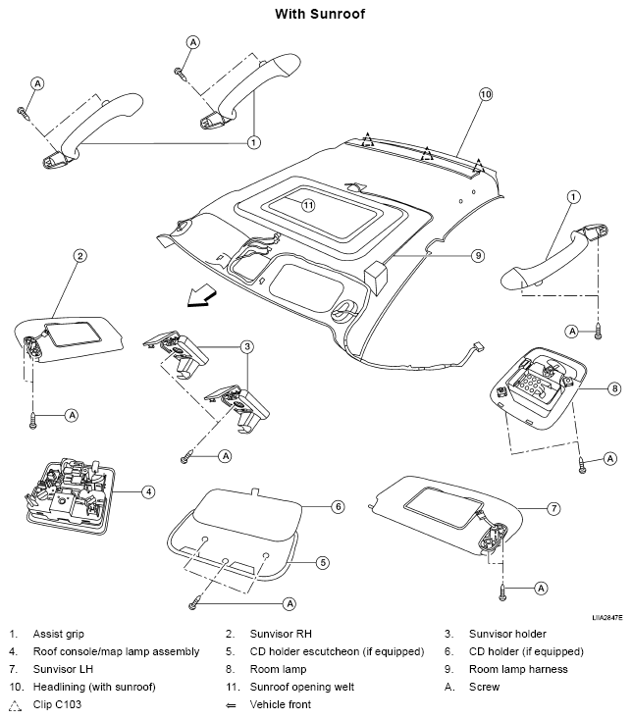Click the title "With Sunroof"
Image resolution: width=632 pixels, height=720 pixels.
click(x=320, y=14)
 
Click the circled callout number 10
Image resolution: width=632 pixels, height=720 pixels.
click(x=486, y=94)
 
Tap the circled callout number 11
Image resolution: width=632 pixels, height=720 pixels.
click(x=308, y=205)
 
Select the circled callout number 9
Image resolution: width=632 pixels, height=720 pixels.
click(x=478, y=255)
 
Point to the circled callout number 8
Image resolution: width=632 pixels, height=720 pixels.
click(x=614, y=388)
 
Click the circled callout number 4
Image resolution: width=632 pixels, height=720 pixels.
click(x=148, y=492)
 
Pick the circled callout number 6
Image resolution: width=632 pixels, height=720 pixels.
click(x=338, y=507)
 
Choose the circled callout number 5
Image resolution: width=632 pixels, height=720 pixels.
click(x=323, y=562)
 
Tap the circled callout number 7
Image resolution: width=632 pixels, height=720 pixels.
click(x=553, y=508)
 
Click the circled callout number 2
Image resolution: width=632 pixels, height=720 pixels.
click(x=80, y=255)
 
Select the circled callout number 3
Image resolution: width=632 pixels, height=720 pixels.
click(x=247, y=346)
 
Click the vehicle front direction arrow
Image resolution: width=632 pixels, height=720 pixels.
click(x=201, y=295)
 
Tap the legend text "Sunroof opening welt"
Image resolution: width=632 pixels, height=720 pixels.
click(x=301, y=687)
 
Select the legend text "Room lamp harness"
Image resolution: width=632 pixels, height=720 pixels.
click(x=518, y=669)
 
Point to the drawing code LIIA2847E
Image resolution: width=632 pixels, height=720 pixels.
click(x=607, y=618)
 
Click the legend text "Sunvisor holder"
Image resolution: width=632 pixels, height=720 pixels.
click(x=507, y=634)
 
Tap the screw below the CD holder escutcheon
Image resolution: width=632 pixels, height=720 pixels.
click(x=194, y=602)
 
